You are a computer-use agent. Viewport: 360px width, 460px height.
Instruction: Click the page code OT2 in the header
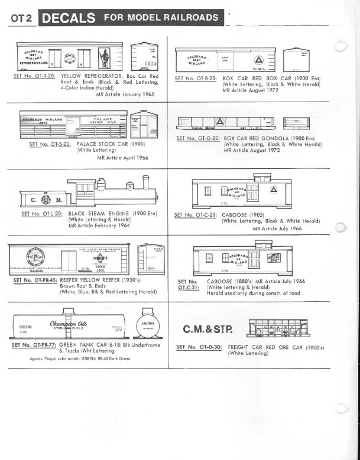click(21, 18)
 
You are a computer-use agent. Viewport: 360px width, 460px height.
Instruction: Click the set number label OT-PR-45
click(35, 280)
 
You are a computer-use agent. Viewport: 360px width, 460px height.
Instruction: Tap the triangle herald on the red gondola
click(220, 122)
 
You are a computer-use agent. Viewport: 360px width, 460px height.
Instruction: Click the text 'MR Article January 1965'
click(125, 94)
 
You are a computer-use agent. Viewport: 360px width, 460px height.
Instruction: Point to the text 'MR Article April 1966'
click(123, 158)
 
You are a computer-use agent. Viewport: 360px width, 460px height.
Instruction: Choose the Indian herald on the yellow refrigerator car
click(104, 57)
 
